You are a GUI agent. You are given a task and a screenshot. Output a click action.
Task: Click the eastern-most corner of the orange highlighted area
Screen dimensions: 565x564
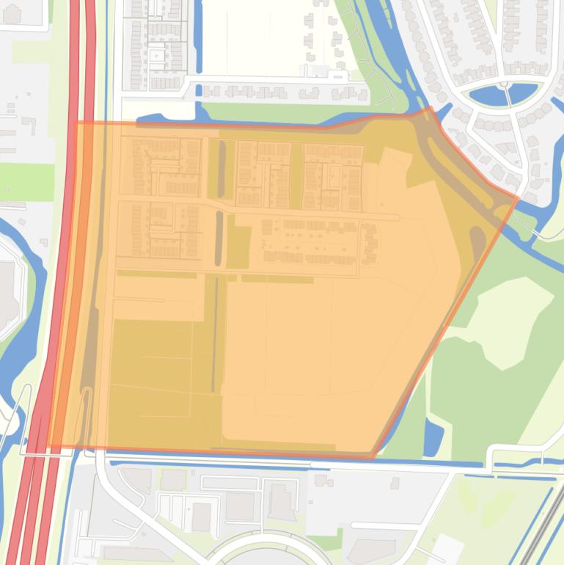[x=519, y=197]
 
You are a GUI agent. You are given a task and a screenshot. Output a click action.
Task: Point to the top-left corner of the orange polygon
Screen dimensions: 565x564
[x=76, y=122]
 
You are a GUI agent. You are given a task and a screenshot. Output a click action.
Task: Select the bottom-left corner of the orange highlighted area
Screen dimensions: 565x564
[x=49, y=447]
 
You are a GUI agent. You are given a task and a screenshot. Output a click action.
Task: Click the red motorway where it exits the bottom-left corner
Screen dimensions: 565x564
[x=33, y=528]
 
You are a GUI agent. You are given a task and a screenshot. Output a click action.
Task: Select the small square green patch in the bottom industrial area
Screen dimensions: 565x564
[x=335, y=542]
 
